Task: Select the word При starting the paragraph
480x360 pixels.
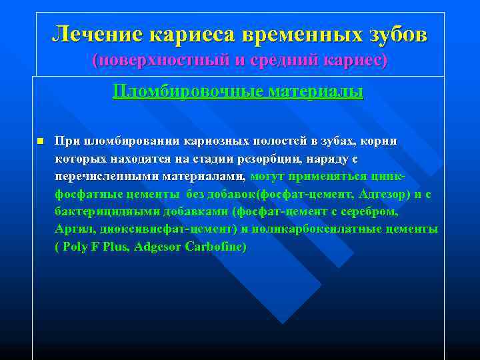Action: pos(68,141)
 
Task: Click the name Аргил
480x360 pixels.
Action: pos(71,229)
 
